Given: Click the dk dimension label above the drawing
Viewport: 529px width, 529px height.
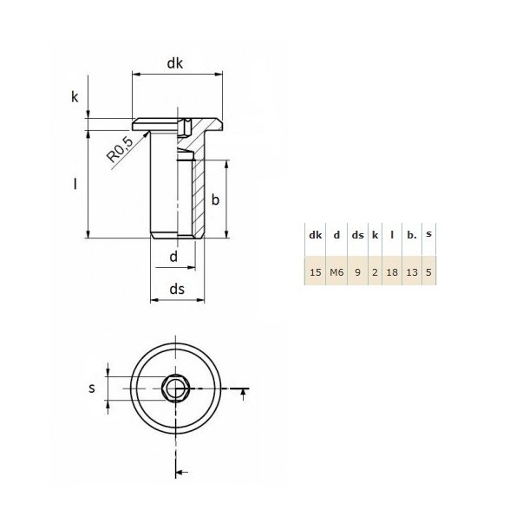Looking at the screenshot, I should (175, 62).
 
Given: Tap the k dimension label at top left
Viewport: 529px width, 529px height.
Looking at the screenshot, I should (75, 97).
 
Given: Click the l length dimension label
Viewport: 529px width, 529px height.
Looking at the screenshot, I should (75, 185).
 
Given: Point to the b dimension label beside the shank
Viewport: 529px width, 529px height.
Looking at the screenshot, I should (215, 200).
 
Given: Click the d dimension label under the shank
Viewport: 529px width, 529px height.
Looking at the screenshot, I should (173, 257).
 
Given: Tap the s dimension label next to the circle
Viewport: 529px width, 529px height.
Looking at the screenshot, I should (92, 389).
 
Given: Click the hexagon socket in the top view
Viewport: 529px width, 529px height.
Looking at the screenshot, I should (177, 389).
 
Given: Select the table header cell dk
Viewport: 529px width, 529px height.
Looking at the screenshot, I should (315, 235).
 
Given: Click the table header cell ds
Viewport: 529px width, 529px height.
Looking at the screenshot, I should (356, 235).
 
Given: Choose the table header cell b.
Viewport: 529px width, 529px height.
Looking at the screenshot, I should (412, 235).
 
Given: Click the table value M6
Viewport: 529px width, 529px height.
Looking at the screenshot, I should (336, 272).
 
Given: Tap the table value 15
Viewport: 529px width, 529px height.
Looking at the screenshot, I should (315, 272).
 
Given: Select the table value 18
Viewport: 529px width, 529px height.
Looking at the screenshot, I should (392, 272).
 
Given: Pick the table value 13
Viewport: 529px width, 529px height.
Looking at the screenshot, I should (412, 272).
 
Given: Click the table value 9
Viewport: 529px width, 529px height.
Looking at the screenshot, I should (356, 272).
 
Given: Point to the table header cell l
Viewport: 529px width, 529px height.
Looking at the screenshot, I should (392, 235).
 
